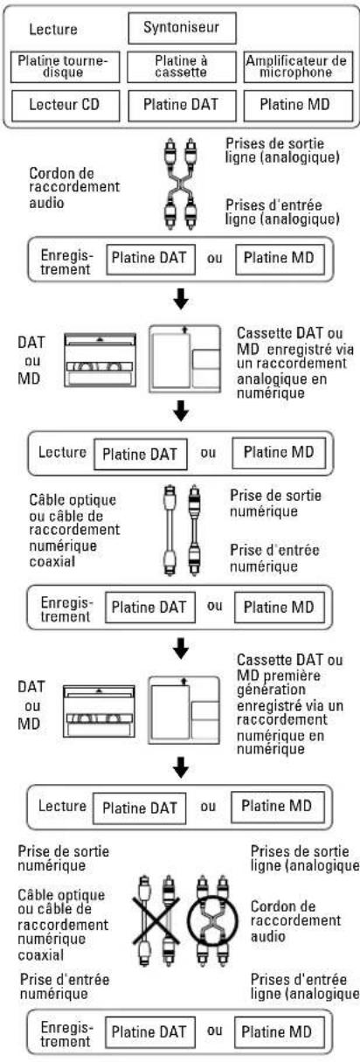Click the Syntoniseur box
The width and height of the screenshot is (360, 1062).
(182, 28)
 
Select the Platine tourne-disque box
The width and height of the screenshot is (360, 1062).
(65, 66)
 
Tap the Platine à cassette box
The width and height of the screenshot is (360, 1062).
(182, 66)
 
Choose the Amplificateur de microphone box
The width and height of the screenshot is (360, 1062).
(298, 66)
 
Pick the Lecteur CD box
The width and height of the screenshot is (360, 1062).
(65, 105)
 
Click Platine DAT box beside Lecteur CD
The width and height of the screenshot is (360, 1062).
(182, 105)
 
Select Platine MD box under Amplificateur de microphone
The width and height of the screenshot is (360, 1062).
(298, 105)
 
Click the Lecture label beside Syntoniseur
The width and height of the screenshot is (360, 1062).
(53, 30)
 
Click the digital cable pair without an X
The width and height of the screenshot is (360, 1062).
(182, 530)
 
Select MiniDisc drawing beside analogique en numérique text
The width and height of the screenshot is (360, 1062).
(184, 359)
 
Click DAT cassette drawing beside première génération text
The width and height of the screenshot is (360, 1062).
(99, 711)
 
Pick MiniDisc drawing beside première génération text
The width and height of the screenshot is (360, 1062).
(184, 711)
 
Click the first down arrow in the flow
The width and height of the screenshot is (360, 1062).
(181, 299)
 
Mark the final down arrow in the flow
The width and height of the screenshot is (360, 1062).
(181, 767)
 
